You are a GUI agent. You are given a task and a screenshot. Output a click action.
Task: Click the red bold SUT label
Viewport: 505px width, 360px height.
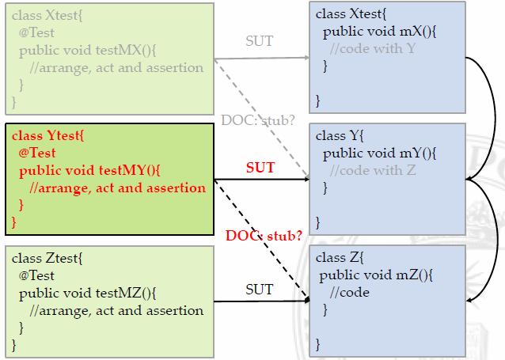coord(260,168)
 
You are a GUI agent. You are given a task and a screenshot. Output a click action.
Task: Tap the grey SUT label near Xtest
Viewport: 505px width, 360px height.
coord(259,41)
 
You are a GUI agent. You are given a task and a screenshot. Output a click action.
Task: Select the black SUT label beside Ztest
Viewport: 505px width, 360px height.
coord(259,290)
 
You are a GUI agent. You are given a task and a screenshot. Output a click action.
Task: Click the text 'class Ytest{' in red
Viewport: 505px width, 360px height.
coord(48,135)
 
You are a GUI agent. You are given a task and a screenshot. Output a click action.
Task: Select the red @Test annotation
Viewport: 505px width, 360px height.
coord(38,153)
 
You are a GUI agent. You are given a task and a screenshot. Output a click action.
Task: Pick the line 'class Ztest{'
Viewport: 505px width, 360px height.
coord(47,259)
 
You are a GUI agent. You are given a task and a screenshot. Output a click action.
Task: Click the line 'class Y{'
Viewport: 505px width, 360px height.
coord(338,136)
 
